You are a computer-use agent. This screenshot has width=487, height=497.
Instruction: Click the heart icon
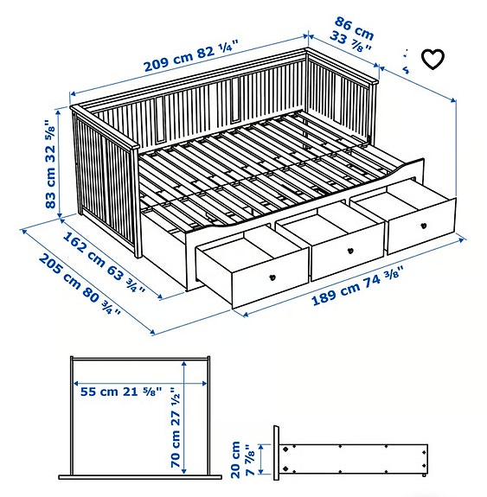[x=432, y=59]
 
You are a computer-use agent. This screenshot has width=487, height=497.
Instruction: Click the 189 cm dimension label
[x=356, y=285]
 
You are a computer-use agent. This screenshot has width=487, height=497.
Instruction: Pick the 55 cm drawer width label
[x=121, y=391]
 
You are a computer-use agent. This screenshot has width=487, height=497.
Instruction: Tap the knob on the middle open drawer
[x=349, y=252]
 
